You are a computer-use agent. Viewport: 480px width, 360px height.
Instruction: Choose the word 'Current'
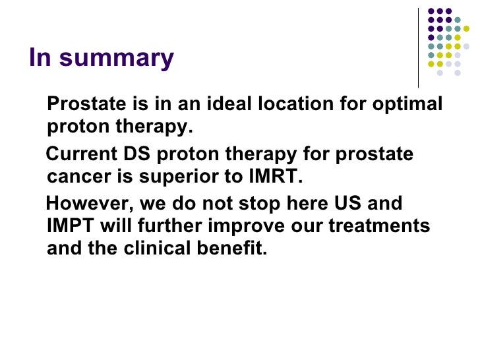[82, 155]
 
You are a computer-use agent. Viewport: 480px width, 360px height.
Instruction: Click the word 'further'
[173, 226]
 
